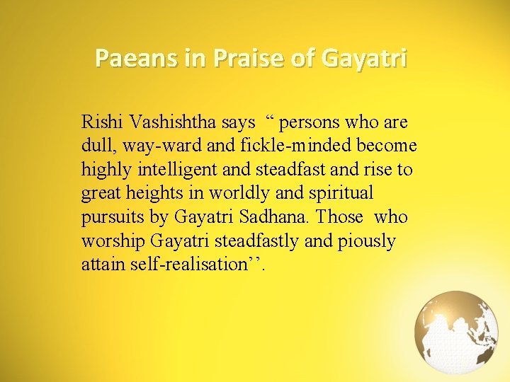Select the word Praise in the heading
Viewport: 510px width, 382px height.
tap(246, 58)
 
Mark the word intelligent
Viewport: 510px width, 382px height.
tap(177, 170)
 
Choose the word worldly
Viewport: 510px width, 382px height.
tap(245, 194)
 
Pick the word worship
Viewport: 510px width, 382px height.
tap(113, 241)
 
